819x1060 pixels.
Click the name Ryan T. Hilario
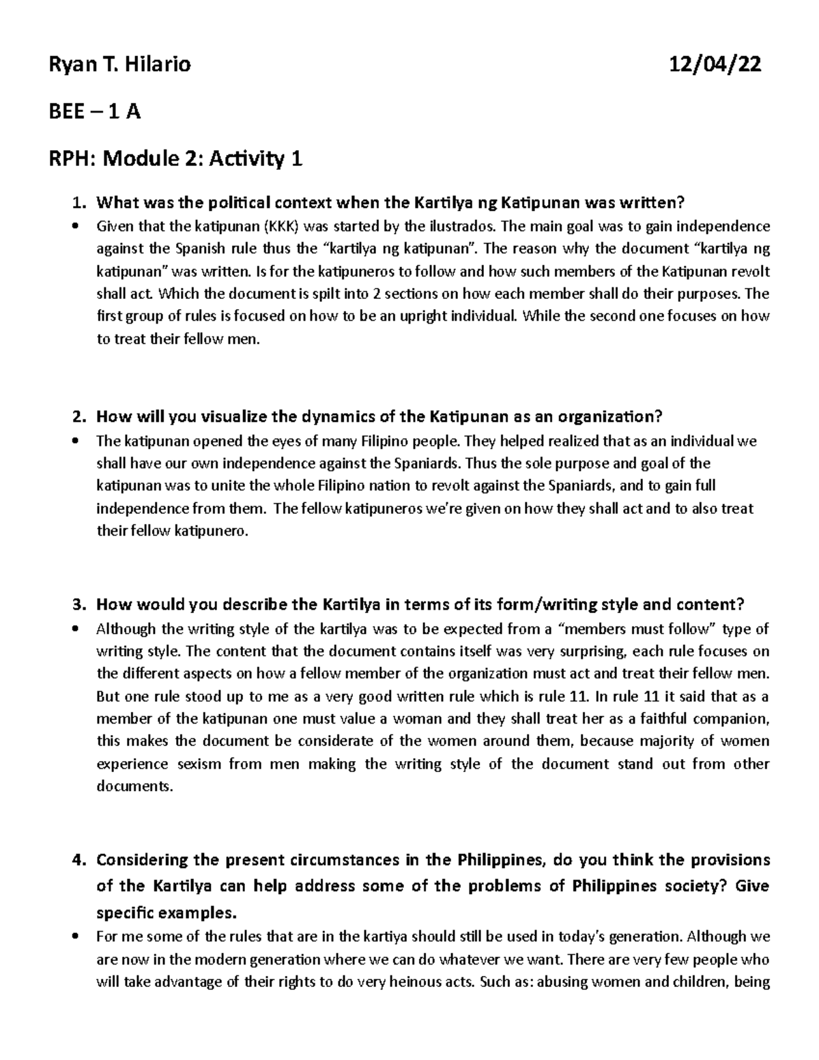click(118, 65)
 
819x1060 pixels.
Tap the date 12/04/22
click(716, 65)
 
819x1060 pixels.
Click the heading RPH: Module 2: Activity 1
click(174, 160)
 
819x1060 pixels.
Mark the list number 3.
click(78, 605)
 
